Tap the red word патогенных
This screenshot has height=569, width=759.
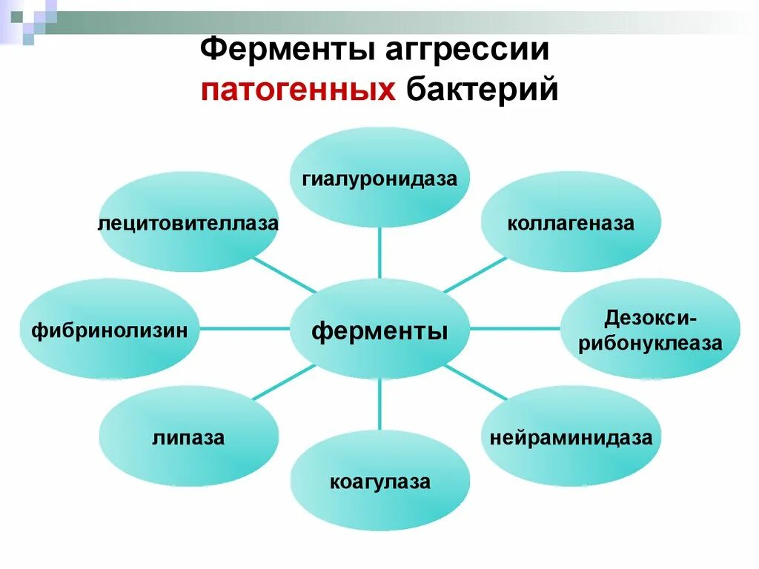[296, 90]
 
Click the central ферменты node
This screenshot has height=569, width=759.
[379, 330]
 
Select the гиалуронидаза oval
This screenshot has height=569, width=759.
[379, 179]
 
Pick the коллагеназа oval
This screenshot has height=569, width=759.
[570, 223]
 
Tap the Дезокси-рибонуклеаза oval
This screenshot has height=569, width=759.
[650, 330]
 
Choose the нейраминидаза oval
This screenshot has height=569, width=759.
[570, 437]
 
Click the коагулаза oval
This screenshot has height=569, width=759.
[379, 482]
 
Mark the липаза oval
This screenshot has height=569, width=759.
[188, 437]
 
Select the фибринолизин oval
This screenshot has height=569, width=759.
[110, 330]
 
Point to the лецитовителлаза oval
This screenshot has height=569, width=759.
[188, 223]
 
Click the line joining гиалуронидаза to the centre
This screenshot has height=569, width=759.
[379, 252]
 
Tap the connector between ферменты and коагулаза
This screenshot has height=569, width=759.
[379, 404]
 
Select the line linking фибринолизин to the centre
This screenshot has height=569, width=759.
[244, 327]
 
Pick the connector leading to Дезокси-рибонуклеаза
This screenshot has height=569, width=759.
[515, 327]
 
